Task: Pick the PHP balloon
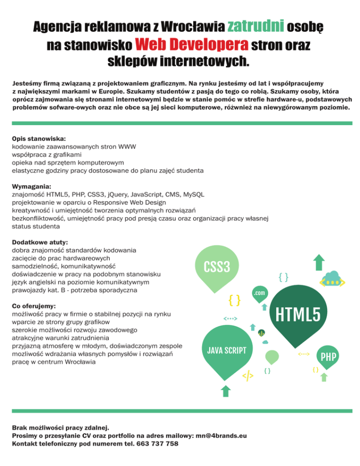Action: pyautogui.click(x=329, y=357)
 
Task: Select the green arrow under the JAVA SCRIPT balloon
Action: pyautogui.click(x=225, y=391)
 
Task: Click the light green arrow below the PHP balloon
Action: pyautogui.click(x=323, y=377)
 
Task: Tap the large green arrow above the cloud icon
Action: pyautogui.click(x=319, y=262)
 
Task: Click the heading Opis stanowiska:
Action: pyautogui.click(x=39, y=139)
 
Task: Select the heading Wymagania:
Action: pyautogui.click(x=31, y=186)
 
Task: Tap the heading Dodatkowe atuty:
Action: pyautogui.click(x=40, y=242)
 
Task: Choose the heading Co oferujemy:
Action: pyautogui.click(x=33, y=305)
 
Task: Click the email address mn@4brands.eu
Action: pyautogui.click(x=221, y=436)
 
